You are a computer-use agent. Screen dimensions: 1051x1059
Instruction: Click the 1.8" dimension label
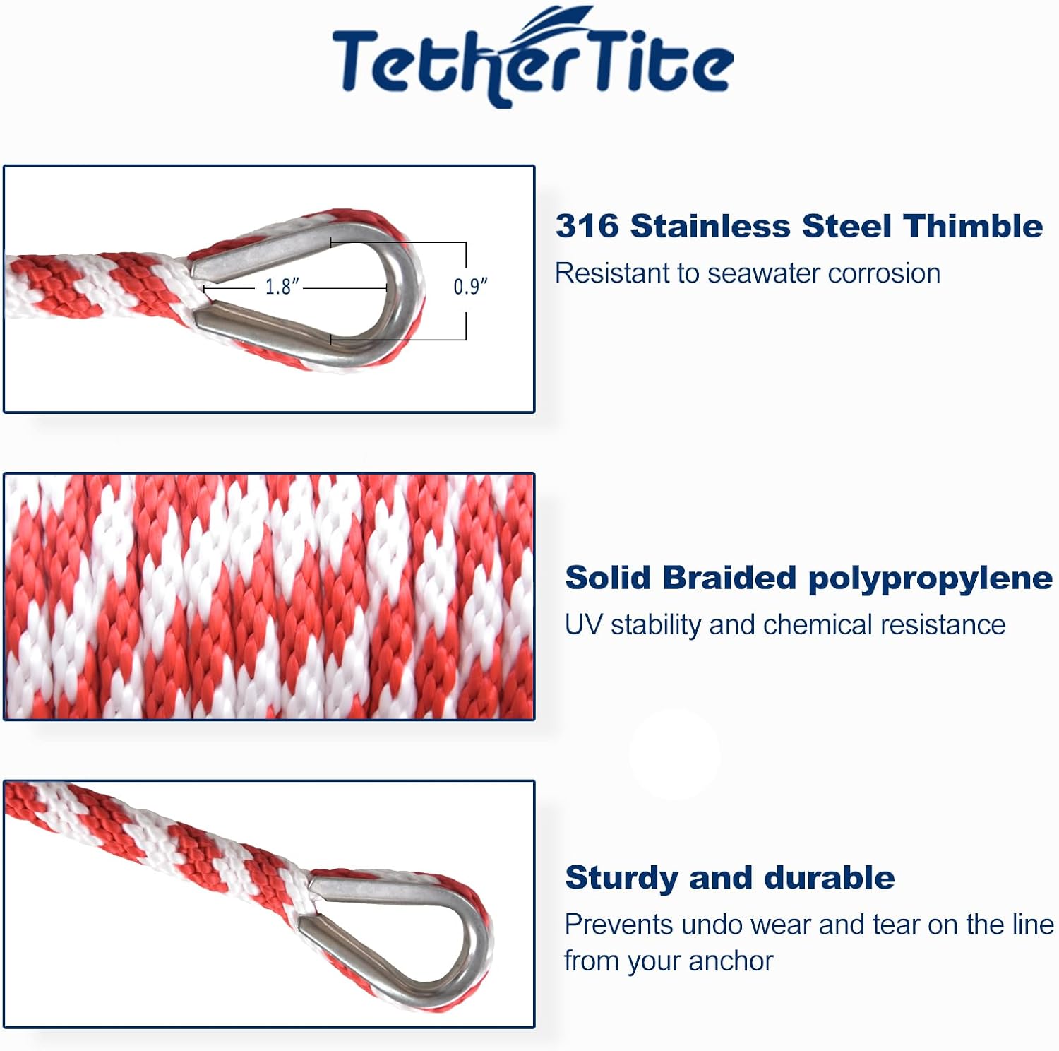point(282,287)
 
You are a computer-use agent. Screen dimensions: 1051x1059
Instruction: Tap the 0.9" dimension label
point(470,287)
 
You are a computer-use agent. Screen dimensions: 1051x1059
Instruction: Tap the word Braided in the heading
point(729,578)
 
